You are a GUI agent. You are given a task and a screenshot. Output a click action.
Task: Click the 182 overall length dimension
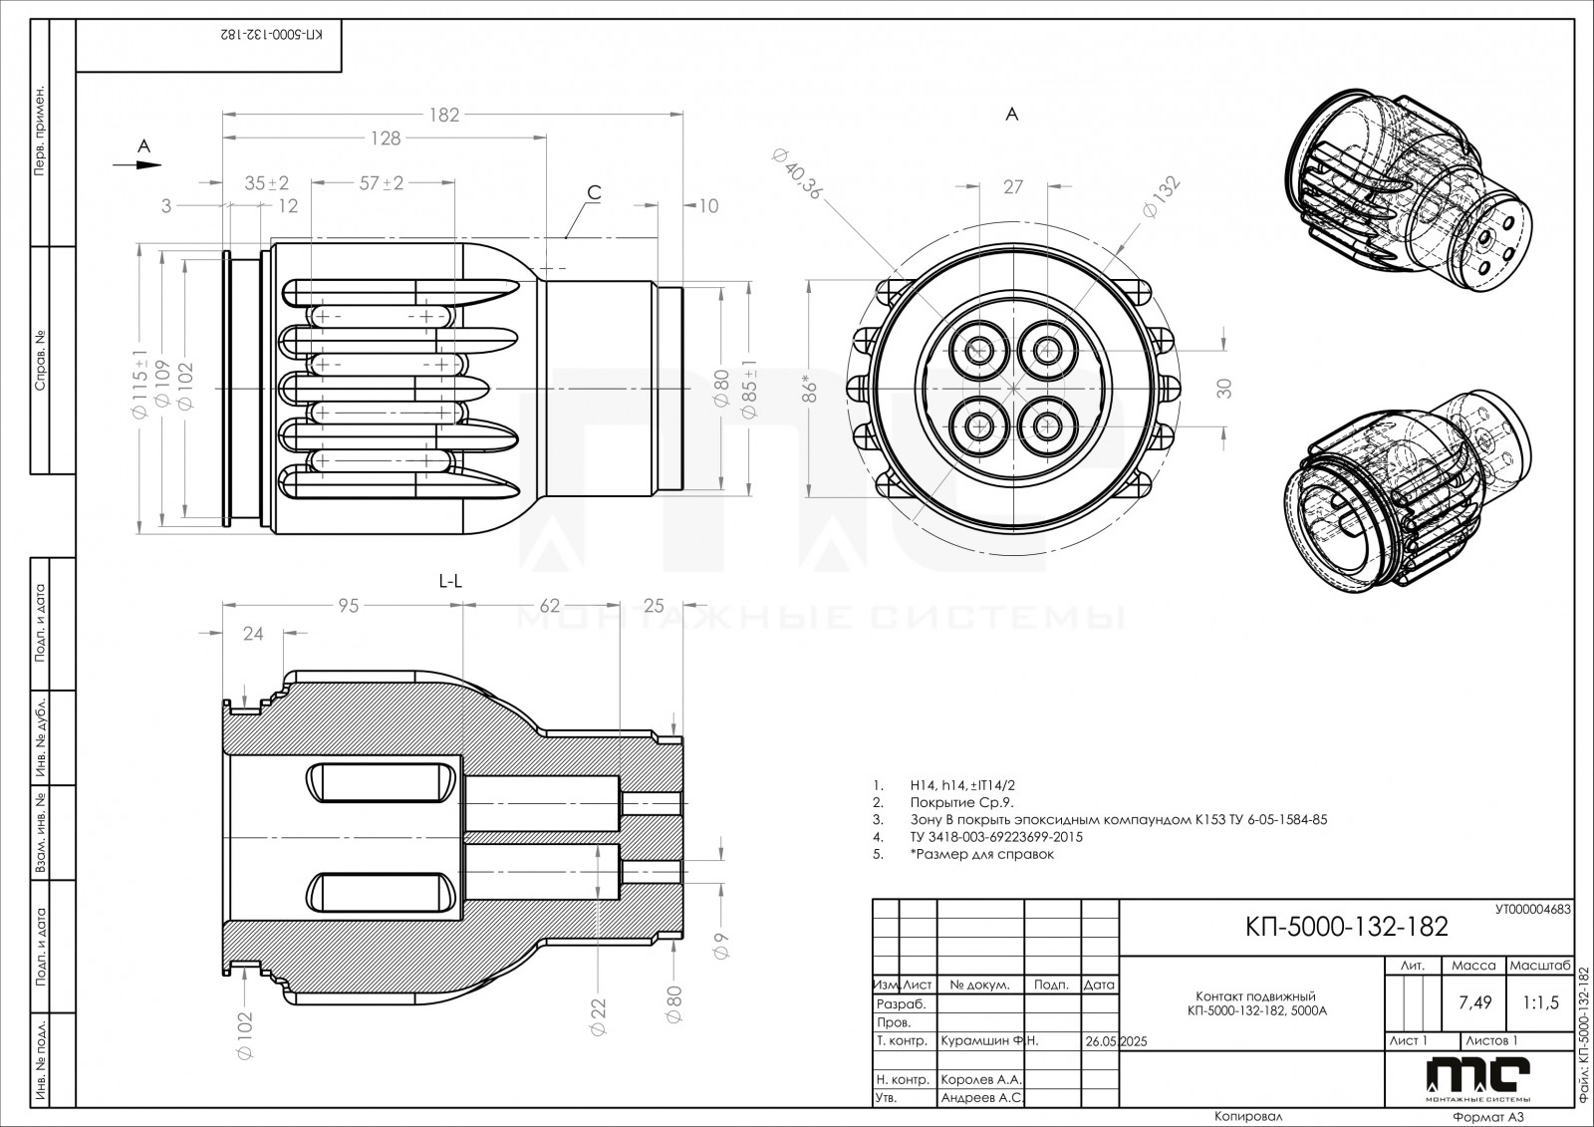pos(444,115)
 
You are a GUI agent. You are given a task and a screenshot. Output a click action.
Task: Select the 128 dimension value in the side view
pos(386,139)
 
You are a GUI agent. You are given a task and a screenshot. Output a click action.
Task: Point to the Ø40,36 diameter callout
pos(797,173)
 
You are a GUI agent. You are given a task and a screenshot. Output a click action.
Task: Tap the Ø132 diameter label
pos(1161,197)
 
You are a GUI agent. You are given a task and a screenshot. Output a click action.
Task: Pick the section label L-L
pos(450,582)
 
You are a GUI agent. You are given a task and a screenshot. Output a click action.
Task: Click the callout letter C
pos(594,192)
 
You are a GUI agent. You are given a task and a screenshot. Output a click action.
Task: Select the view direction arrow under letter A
pos(137,165)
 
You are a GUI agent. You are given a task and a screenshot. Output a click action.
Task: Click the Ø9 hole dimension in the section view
pos(721,946)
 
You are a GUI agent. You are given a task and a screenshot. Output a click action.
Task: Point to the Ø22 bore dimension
pos(598,1016)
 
